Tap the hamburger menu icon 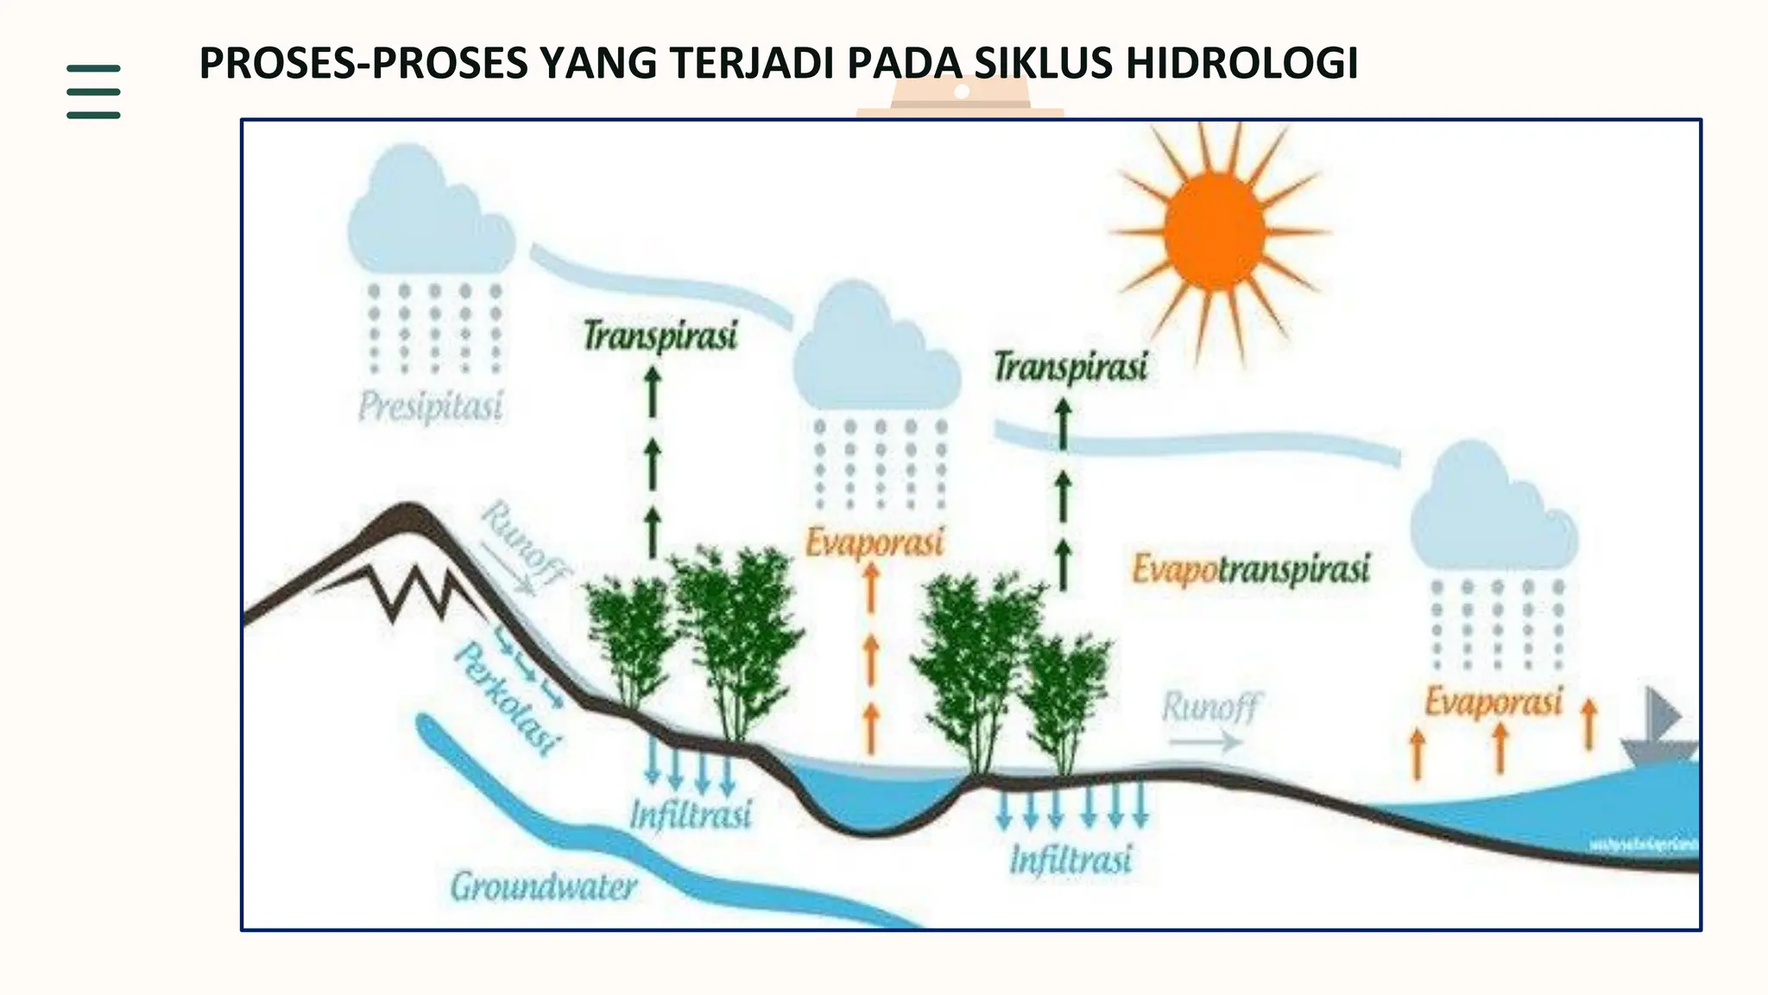[x=93, y=91]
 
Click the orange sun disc [x=1215, y=231]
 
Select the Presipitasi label [x=431, y=405]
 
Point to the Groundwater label [x=544, y=886]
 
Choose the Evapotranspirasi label [x=1251, y=569]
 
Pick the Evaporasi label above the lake [x=875, y=542]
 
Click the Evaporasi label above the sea [x=1493, y=701]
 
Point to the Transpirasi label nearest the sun [x=1070, y=366]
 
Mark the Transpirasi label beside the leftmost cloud [x=660, y=335]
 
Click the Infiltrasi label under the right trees [x=1070, y=859]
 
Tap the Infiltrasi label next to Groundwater [x=691, y=814]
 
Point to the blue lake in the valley [x=872, y=795]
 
